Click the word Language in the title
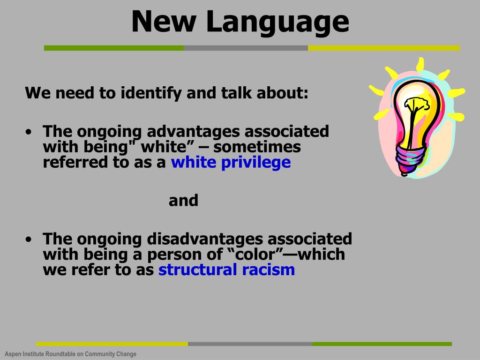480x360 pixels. click(278, 22)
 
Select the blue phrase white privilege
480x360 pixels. click(231, 163)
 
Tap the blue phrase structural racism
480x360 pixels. click(226, 270)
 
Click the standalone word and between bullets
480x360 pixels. click(183, 201)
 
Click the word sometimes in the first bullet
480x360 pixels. click(257, 147)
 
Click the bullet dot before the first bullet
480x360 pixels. click(30, 132)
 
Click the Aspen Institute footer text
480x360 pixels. click(70, 354)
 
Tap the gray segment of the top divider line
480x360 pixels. click(246, 48)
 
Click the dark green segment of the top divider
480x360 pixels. click(113, 48)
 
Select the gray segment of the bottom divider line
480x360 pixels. click(250, 344)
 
